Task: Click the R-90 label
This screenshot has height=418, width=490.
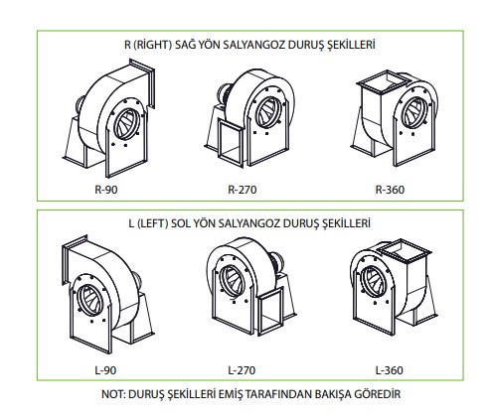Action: pos(106,190)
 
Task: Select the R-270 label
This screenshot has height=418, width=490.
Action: pos(243,190)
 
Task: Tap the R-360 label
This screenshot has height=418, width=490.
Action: pos(390,190)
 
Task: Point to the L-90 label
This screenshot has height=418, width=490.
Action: pos(105,370)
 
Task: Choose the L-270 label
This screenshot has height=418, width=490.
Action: pos(242,370)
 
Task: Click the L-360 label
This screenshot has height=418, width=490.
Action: pos(390,370)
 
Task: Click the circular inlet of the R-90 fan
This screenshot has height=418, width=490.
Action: pos(127,124)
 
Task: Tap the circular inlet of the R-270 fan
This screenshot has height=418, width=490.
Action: pos(268,112)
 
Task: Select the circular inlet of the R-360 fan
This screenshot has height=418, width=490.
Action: pos(414,113)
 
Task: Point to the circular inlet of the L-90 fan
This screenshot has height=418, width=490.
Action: pos(89,300)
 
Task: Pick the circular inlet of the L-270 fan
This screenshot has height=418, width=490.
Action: pos(233,281)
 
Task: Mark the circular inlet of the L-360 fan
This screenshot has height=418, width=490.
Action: pos(374,282)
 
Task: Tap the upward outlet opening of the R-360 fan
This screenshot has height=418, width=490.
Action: pos(384,80)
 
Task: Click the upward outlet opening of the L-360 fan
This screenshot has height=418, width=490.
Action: pos(405,249)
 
